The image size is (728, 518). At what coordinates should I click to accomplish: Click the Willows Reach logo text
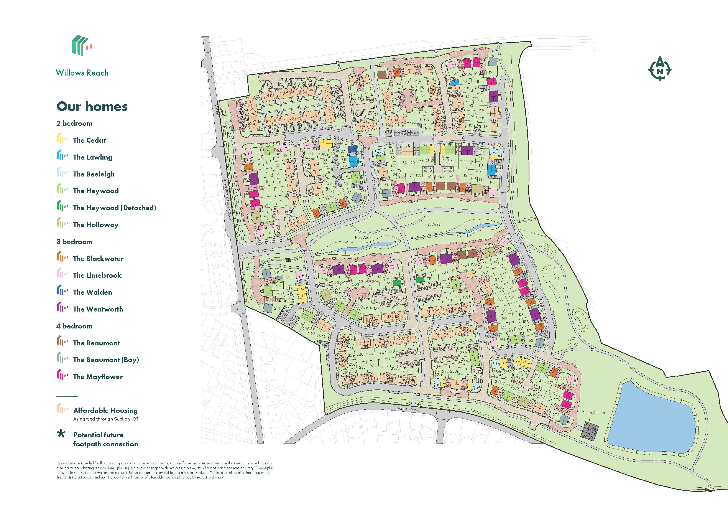pos(82,73)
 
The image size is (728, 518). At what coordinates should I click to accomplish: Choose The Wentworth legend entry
pos(98,309)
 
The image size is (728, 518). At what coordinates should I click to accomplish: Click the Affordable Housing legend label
pos(105,411)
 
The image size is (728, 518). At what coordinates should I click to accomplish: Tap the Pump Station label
pos(593,413)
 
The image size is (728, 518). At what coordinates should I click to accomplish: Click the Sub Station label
pos(394,298)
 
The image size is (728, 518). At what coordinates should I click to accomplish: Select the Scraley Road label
pos(408,409)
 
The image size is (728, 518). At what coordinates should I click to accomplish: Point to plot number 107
pos(455,73)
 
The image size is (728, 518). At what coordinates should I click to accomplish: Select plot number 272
pos(556,415)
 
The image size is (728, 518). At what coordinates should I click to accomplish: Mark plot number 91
pos(384,84)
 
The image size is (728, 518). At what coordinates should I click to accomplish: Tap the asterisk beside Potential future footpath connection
pos(61,434)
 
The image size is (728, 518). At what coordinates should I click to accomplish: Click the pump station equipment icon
pos(589,431)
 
